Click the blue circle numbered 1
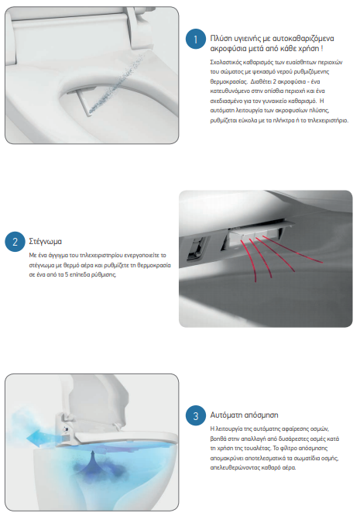pyautogui.click(x=196, y=40)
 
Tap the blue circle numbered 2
pyautogui.click(x=15, y=242)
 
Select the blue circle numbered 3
pyautogui.click(x=196, y=415)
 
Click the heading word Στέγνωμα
pyautogui.click(x=46, y=242)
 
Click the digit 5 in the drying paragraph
pyautogui.click(x=67, y=274)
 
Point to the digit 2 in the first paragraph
pyautogui.click(x=274, y=81)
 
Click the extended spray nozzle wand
pyautogui.click(x=84, y=102)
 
